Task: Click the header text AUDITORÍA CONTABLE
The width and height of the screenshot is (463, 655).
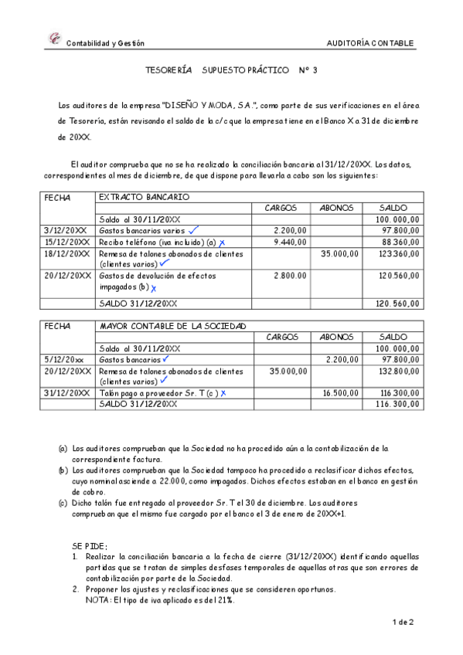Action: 370,43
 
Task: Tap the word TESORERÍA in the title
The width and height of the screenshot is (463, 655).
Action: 169,71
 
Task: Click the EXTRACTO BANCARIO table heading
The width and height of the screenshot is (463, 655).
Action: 144,197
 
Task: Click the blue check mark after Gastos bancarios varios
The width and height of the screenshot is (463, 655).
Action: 192,229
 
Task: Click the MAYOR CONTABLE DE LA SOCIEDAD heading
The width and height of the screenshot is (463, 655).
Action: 172,327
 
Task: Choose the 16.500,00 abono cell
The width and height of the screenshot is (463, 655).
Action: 340,393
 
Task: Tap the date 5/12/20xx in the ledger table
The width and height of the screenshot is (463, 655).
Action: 63,360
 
